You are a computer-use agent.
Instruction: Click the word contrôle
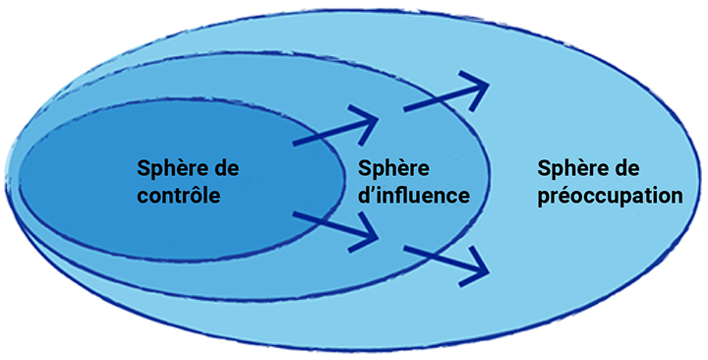[x=177, y=195]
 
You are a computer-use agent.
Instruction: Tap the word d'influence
[x=413, y=195]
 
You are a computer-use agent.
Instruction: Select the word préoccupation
[x=611, y=195]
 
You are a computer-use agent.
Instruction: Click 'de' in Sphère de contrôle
[x=226, y=167]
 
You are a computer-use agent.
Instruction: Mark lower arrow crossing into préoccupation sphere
[x=447, y=260]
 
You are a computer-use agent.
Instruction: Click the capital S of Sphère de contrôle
[x=144, y=167]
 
